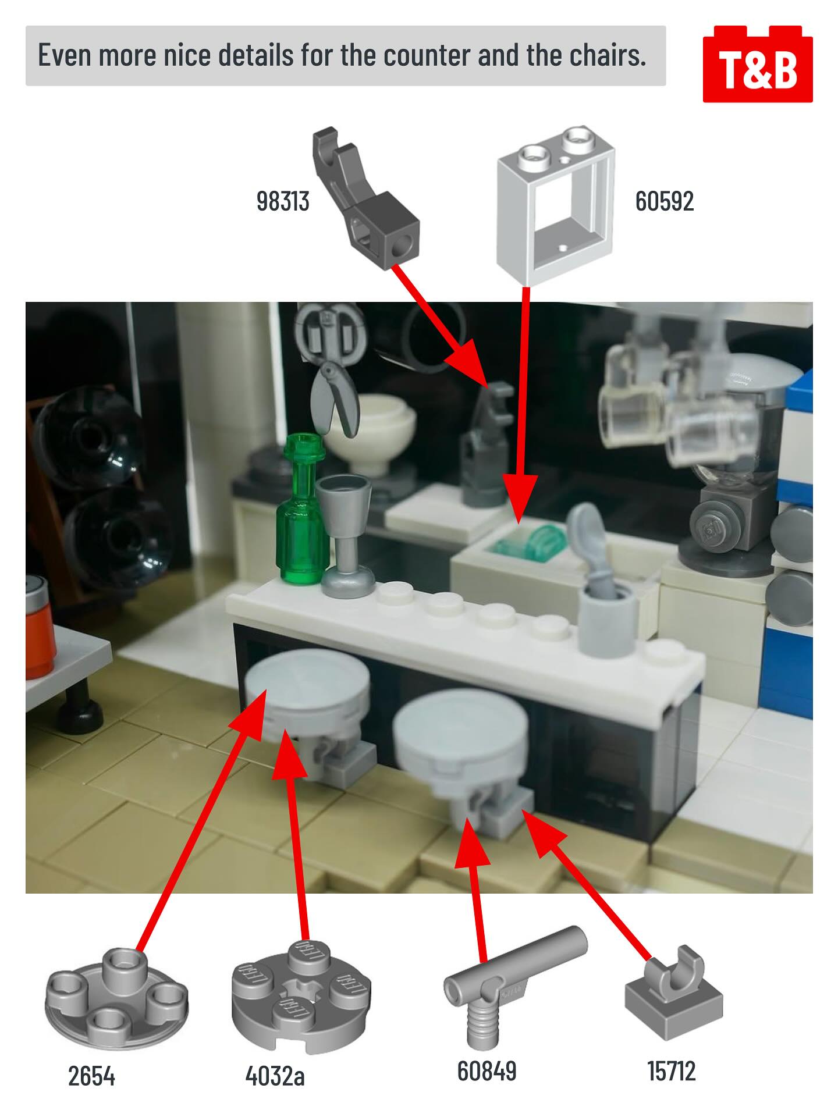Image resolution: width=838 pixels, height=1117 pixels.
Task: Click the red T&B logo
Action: click(x=758, y=64)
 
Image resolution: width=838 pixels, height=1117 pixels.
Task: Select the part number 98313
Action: click(x=283, y=201)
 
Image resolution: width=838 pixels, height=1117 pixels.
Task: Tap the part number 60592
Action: click(x=665, y=201)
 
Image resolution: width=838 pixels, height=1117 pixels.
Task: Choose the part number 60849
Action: click(x=487, y=1070)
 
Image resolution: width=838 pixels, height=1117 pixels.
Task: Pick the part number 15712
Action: click(x=672, y=1070)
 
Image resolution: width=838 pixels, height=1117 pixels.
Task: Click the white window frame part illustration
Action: click(x=556, y=205)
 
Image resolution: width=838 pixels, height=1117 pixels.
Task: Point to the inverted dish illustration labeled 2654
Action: click(x=116, y=989)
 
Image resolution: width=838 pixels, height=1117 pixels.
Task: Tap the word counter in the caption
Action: click(x=426, y=55)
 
